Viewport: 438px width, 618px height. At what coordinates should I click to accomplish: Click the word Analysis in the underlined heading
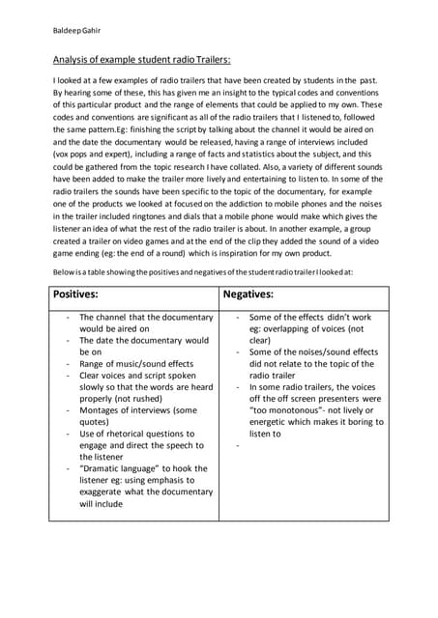[71, 59]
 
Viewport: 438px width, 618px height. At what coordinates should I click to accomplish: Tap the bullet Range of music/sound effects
[136, 364]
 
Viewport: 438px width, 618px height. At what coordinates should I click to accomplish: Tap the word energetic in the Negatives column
[272, 422]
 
